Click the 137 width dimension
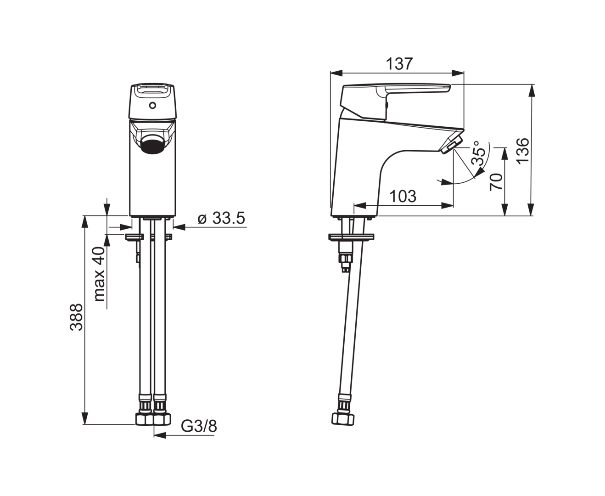(x=399, y=64)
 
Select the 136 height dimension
(x=522, y=150)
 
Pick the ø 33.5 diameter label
(x=222, y=219)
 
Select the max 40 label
(x=99, y=274)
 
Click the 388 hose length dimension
(x=76, y=317)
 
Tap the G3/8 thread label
(x=199, y=426)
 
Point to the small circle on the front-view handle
(x=152, y=106)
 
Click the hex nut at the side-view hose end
(x=343, y=418)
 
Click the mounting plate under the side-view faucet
(x=352, y=237)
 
